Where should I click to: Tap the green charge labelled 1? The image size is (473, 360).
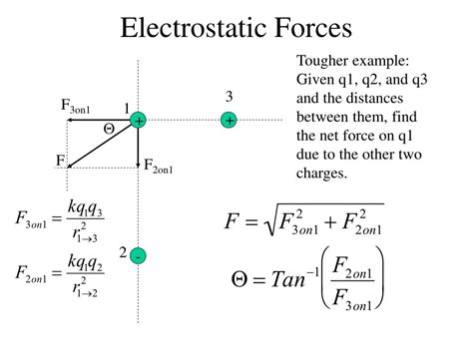pyautogui.click(x=138, y=121)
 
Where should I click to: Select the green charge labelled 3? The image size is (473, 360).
pyautogui.click(x=230, y=120)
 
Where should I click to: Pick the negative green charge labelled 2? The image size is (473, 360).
pyautogui.click(x=138, y=256)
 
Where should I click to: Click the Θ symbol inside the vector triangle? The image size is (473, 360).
pyautogui.click(x=109, y=130)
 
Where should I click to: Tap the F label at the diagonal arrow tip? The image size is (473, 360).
pyautogui.click(x=61, y=160)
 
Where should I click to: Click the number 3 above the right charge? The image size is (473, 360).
pyautogui.click(x=229, y=97)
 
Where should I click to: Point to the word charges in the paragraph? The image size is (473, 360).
pyautogui.click(x=322, y=174)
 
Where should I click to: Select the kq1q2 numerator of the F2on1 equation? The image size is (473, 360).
pyautogui.click(x=84, y=264)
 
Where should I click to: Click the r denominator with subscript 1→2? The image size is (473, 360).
pyautogui.click(x=83, y=290)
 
